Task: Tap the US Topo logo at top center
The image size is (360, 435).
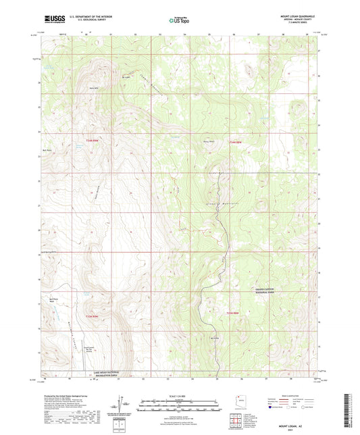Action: tap(179, 20)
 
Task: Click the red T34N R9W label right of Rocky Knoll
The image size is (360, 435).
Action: tap(235, 142)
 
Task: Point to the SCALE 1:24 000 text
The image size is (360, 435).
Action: tap(179, 395)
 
